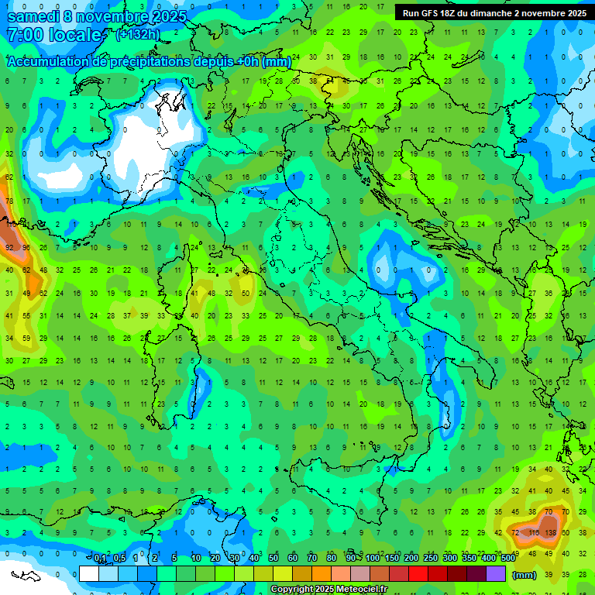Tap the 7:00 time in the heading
(24, 35)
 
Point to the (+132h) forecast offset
(137, 35)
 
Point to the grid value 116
(533, 534)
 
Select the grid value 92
(10, 248)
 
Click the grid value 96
(27, 248)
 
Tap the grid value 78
(10, 201)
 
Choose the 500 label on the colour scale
(507, 559)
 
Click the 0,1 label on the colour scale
(100, 559)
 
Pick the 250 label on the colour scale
(430, 559)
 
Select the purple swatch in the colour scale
(496, 573)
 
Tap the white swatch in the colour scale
(89, 573)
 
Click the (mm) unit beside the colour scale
(524, 574)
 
